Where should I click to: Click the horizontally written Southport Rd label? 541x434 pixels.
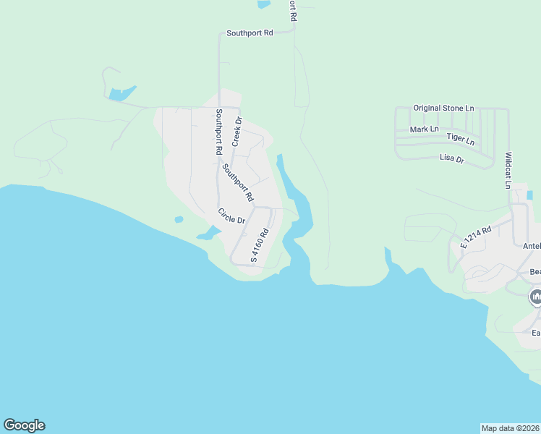click(x=250, y=33)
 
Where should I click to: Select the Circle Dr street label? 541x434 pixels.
click(x=232, y=216)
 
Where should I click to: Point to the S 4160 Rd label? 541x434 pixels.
click(x=260, y=245)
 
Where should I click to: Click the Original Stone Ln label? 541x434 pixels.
click(x=443, y=108)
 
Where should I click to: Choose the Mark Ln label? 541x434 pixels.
click(x=424, y=129)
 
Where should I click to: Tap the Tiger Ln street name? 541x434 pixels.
click(x=460, y=139)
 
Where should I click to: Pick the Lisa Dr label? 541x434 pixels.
click(x=451, y=158)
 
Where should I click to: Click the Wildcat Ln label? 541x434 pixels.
click(x=508, y=171)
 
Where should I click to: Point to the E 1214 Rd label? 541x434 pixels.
click(x=475, y=238)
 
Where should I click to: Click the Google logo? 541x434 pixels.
click(x=24, y=425)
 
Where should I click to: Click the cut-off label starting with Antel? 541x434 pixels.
click(x=532, y=245)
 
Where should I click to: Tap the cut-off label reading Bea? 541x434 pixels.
click(x=535, y=272)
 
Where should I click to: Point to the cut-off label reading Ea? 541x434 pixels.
click(x=536, y=333)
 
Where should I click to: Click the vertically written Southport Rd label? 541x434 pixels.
click(x=218, y=132)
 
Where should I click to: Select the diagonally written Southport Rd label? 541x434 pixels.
click(x=238, y=182)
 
